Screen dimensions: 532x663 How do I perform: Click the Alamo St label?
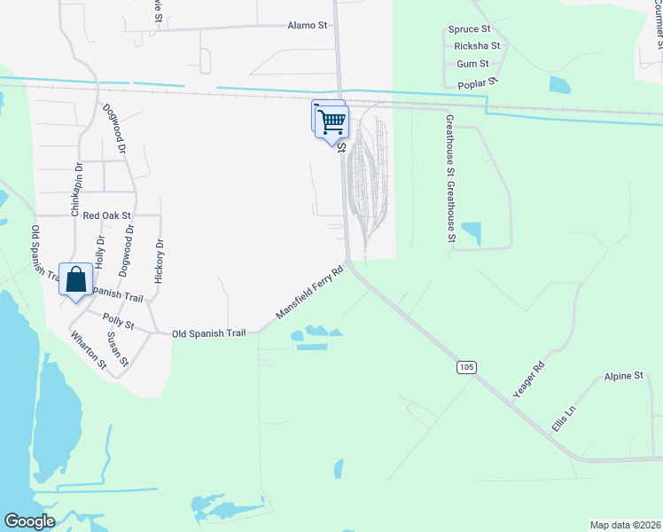[308, 25]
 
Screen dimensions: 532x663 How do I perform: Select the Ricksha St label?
[477, 45]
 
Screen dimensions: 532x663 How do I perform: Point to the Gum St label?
[472, 64]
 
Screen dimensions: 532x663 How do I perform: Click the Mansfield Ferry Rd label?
[309, 293]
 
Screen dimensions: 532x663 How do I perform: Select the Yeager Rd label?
[527, 379]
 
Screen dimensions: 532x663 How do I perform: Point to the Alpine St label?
[623, 377]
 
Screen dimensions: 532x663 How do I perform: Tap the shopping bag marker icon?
[76, 279]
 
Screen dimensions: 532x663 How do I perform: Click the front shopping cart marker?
[332, 121]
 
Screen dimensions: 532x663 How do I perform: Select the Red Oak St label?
[106, 215]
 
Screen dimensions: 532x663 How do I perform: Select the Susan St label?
[117, 350]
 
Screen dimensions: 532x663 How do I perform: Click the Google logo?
[29, 521]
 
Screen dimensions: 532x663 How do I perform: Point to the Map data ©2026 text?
[625, 525]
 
